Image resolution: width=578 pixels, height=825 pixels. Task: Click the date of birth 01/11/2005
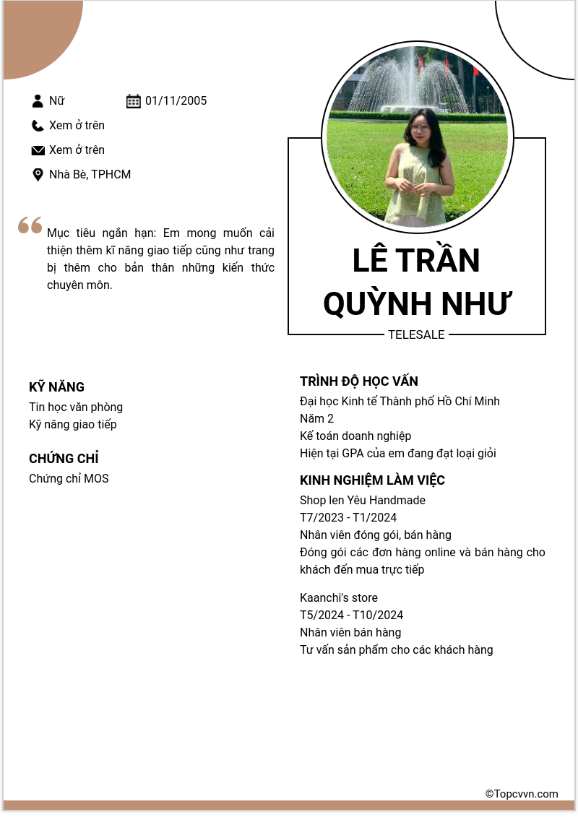pyautogui.click(x=176, y=101)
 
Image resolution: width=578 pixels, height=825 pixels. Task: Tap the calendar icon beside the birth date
pyautogui.click(x=134, y=101)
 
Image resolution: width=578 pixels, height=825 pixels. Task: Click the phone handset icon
pyautogui.click(x=38, y=126)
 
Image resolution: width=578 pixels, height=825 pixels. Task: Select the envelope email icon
pyautogui.click(x=38, y=150)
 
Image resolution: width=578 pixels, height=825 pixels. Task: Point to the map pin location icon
pyautogui.click(x=38, y=175)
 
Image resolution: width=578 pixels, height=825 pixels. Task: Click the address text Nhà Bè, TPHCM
pyautogui.click(x=90, y=175)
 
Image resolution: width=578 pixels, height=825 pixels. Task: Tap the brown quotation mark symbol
pyautogui.click(x=30, y=225)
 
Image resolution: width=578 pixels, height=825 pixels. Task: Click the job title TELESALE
pyautogui.click(x=416, y=335)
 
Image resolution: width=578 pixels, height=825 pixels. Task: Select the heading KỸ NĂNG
pyautogui.click(x=57, y=387)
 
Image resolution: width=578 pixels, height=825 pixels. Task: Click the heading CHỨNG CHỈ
pyautogui.click(x=64, y=459)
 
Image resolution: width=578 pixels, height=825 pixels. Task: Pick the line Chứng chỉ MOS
pyautogui.click(x=69, y=479)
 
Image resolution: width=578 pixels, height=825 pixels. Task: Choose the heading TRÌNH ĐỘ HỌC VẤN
pyautogui.click(x=359, y=381)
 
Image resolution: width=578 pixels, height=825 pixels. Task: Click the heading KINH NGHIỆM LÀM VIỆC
pyautogui.click(x=372, y=480)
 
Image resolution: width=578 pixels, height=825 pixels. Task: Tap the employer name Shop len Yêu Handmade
pyautogui.click(x=363, y=501)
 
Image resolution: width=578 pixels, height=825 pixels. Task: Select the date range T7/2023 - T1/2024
pyautogui.click(x=348, y=518)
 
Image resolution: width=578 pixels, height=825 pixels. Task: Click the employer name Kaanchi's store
pyautogui.click(x=339, y=598)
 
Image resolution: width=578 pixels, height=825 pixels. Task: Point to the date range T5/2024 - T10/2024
pyautogui.click(x=352, y=615)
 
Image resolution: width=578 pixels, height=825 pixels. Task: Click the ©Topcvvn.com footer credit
pyautogui.click(x=522, y=794)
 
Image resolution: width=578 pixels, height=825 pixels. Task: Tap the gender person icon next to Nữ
pyautogui.click(x=38, y=101)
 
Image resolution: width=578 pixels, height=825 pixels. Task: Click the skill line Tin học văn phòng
pyautogui.click(x=76, y=407)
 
